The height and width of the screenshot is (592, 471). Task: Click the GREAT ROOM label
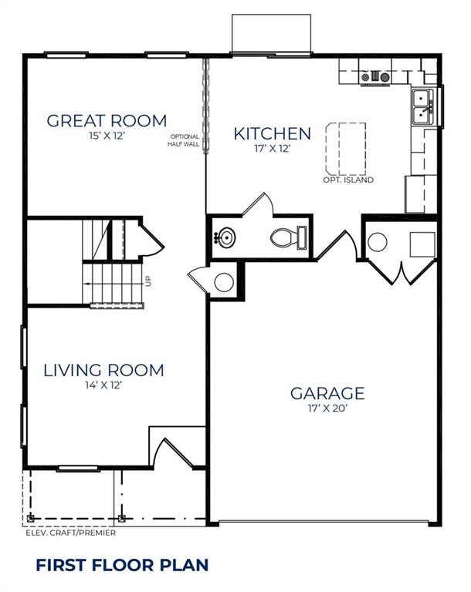(107, 121)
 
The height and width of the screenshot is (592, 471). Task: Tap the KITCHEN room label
(273, 133)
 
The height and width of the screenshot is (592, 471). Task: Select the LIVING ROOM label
(104, 370)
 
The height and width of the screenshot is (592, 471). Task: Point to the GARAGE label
(327, 393)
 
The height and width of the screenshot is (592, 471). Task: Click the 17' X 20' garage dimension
(327, 409)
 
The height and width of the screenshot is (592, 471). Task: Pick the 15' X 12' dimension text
(107, 136)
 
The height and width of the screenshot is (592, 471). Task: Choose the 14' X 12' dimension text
(103, 385)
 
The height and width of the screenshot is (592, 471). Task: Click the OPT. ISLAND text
(348, 180)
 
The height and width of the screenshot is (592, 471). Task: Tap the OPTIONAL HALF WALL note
(184, 140)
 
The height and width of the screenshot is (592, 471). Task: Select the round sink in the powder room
(225, 237)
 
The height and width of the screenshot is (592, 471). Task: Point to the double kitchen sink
(422, 106)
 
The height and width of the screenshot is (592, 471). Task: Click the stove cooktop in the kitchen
(375, 77)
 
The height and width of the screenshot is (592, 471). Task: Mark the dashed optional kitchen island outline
(346, 148)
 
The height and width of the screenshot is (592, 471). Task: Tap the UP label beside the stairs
(148, 281)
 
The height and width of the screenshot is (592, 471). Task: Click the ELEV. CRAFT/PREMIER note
(71, 533)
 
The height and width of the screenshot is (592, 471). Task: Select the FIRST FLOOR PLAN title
(122, 565)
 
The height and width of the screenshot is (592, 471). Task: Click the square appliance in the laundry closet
(422, 244)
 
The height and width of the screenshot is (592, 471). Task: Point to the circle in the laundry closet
(377, 242)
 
